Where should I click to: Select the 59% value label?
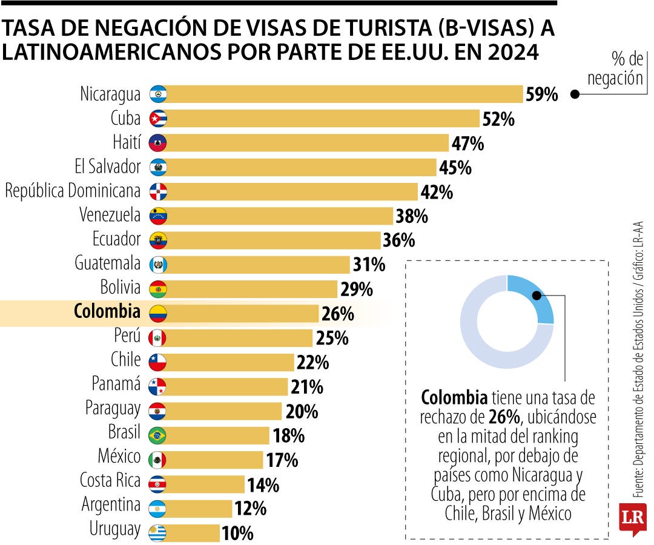click(541, 94)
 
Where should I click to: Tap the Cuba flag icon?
click(157, 118)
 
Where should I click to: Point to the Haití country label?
click(127, 142)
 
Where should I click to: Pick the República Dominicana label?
click(73, 191)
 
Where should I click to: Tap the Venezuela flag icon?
click(157, 216)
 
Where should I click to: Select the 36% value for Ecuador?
click(399, 240)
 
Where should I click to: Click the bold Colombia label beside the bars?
click(107, 312)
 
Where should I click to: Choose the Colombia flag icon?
click(157, 313)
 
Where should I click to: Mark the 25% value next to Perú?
click(332, 338)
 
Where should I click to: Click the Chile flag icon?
click(157, 362)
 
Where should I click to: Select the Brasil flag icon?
click(157, 435)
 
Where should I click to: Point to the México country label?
click(119, 455)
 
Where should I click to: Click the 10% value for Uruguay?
click(237, 533)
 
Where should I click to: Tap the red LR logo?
click(632, 518)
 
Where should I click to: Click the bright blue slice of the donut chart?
click(533, 297)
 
